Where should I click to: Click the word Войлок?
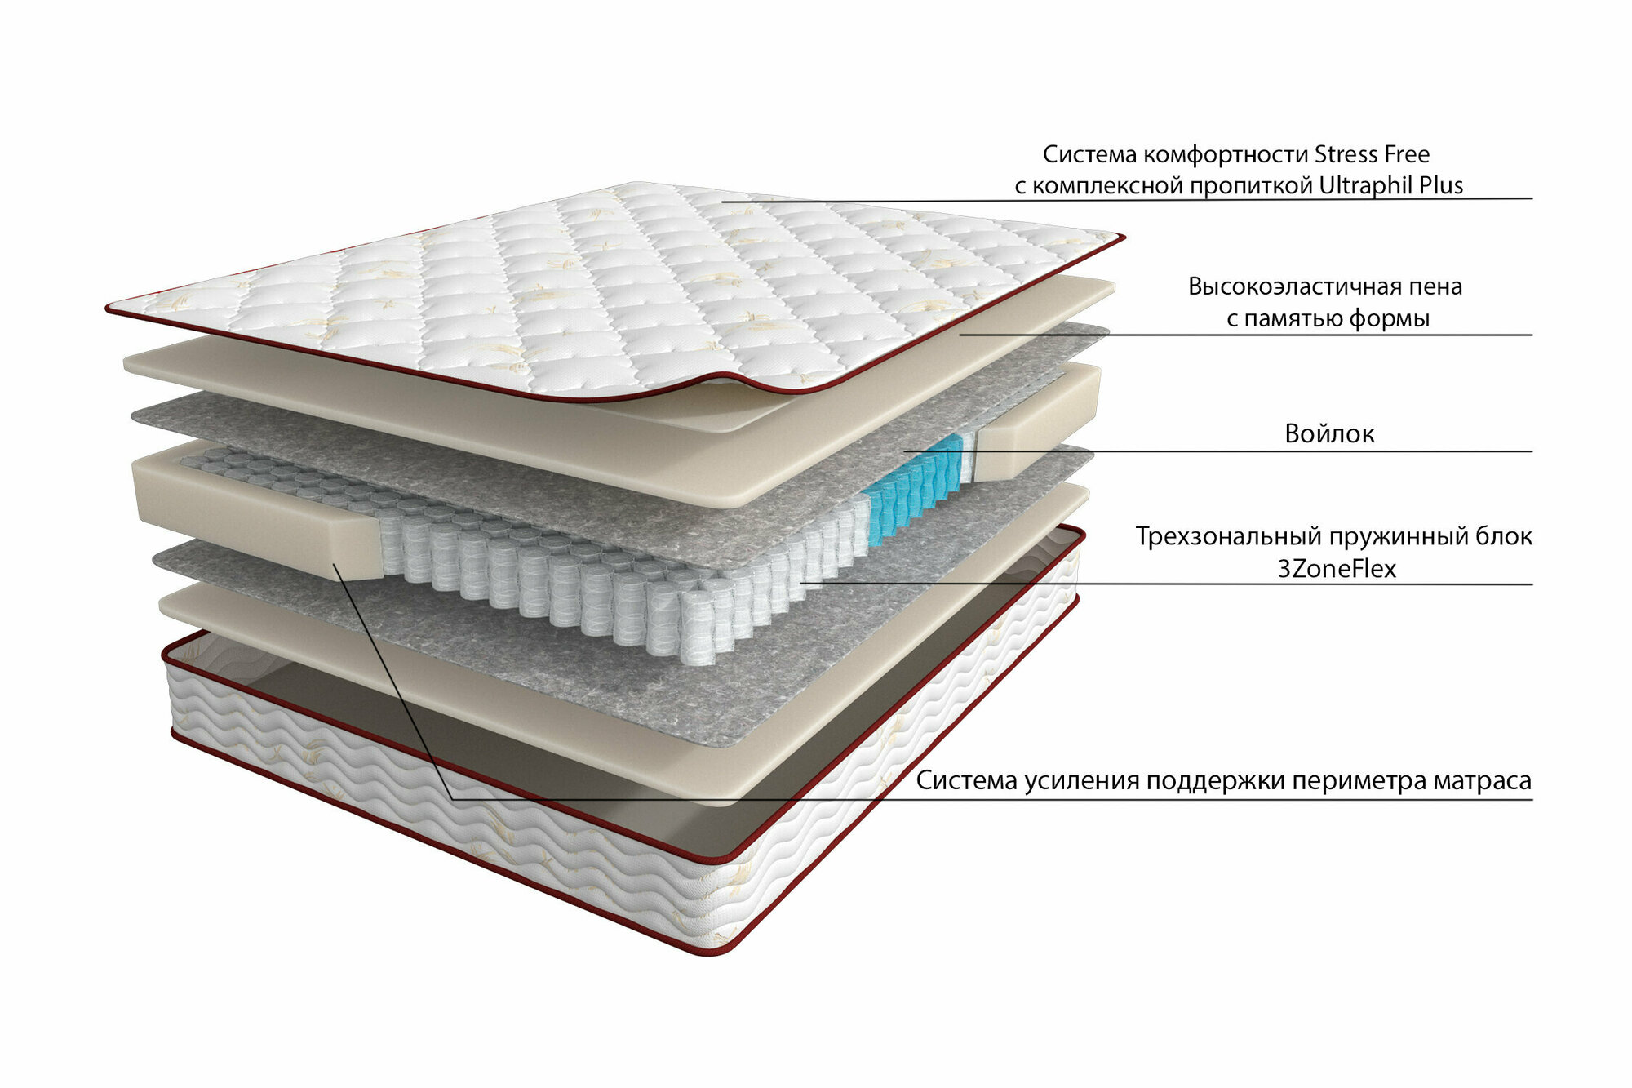1329,433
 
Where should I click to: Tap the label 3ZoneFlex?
1337,569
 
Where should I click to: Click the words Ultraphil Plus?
1390,186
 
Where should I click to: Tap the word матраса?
1482,781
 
